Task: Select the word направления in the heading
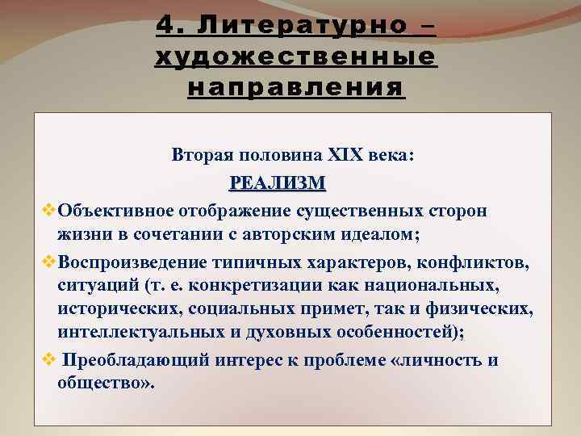click(295, 86)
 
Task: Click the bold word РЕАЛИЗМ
click(278, 182)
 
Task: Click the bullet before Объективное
click(48, 211)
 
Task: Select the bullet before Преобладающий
click(48, 359)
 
